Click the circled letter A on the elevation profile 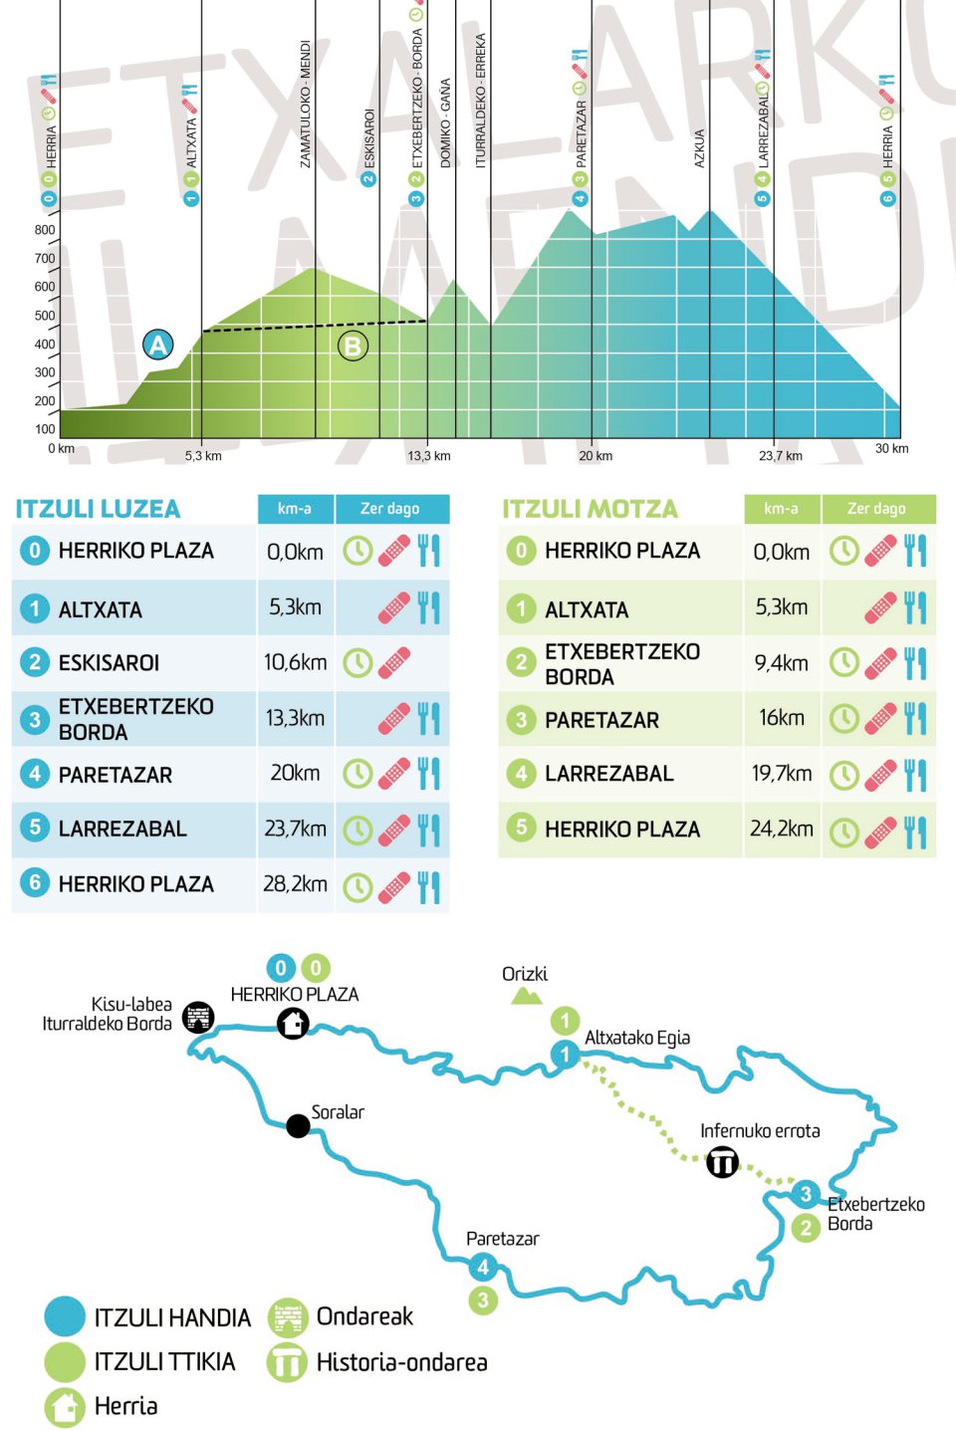(x=157, y=345)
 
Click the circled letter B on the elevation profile (x=352, y=346)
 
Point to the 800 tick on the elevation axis (x=45, y=230)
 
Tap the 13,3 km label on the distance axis (x=428, y=456)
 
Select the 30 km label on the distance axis (x=891, y=449)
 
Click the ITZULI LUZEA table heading (x=98, y=509)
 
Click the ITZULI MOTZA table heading (x=590, y=509)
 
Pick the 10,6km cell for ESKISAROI (x=295, y=662)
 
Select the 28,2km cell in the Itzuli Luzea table (x=295, y=884)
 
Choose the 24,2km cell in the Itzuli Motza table (x=782, y=829)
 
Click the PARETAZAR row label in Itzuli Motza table (x=601, y=720)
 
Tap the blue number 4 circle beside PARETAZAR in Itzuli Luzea (x=35, y=774)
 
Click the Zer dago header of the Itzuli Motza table (x=876, y=509)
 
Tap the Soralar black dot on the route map (x=298, y=1125)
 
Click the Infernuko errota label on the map (x=760, y=1131)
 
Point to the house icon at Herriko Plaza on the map (x=293, y=1023)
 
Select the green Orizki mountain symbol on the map (x=526, y=995)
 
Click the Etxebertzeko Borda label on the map (x=875, y=1214)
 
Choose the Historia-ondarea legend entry (x=401, y=1362)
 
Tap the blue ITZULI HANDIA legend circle (x=66, y=1316)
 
